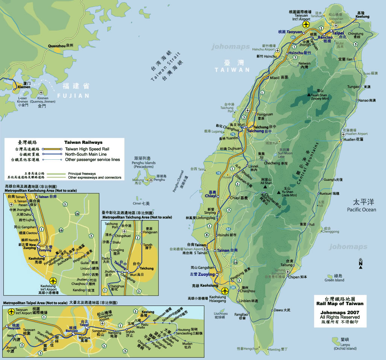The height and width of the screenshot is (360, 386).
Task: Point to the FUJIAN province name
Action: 73,96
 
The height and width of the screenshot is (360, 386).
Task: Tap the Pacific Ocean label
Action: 362,209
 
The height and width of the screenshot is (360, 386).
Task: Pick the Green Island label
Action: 334,280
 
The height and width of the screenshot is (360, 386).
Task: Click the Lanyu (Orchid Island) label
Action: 345,348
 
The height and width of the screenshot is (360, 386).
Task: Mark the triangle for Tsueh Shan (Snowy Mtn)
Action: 310,95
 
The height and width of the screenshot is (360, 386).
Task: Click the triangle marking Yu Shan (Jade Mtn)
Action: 279,193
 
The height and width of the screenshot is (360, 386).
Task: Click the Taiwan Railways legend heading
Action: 84,142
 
